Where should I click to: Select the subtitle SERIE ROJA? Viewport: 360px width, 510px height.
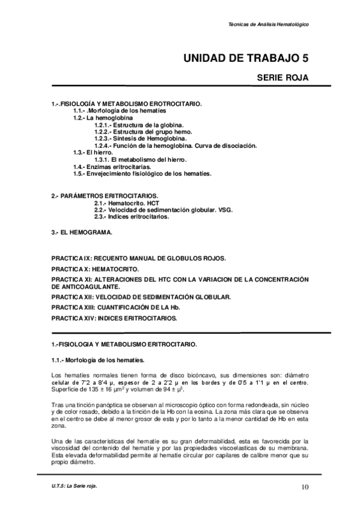[283, 78]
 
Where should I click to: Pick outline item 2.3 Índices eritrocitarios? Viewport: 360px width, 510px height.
[132, 217]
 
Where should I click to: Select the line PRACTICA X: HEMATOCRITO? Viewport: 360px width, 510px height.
[95, 268]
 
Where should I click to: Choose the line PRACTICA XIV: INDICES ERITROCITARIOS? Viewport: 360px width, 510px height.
[114, 318]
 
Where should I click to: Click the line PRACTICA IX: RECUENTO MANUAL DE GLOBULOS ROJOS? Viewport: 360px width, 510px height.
[139, 257]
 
